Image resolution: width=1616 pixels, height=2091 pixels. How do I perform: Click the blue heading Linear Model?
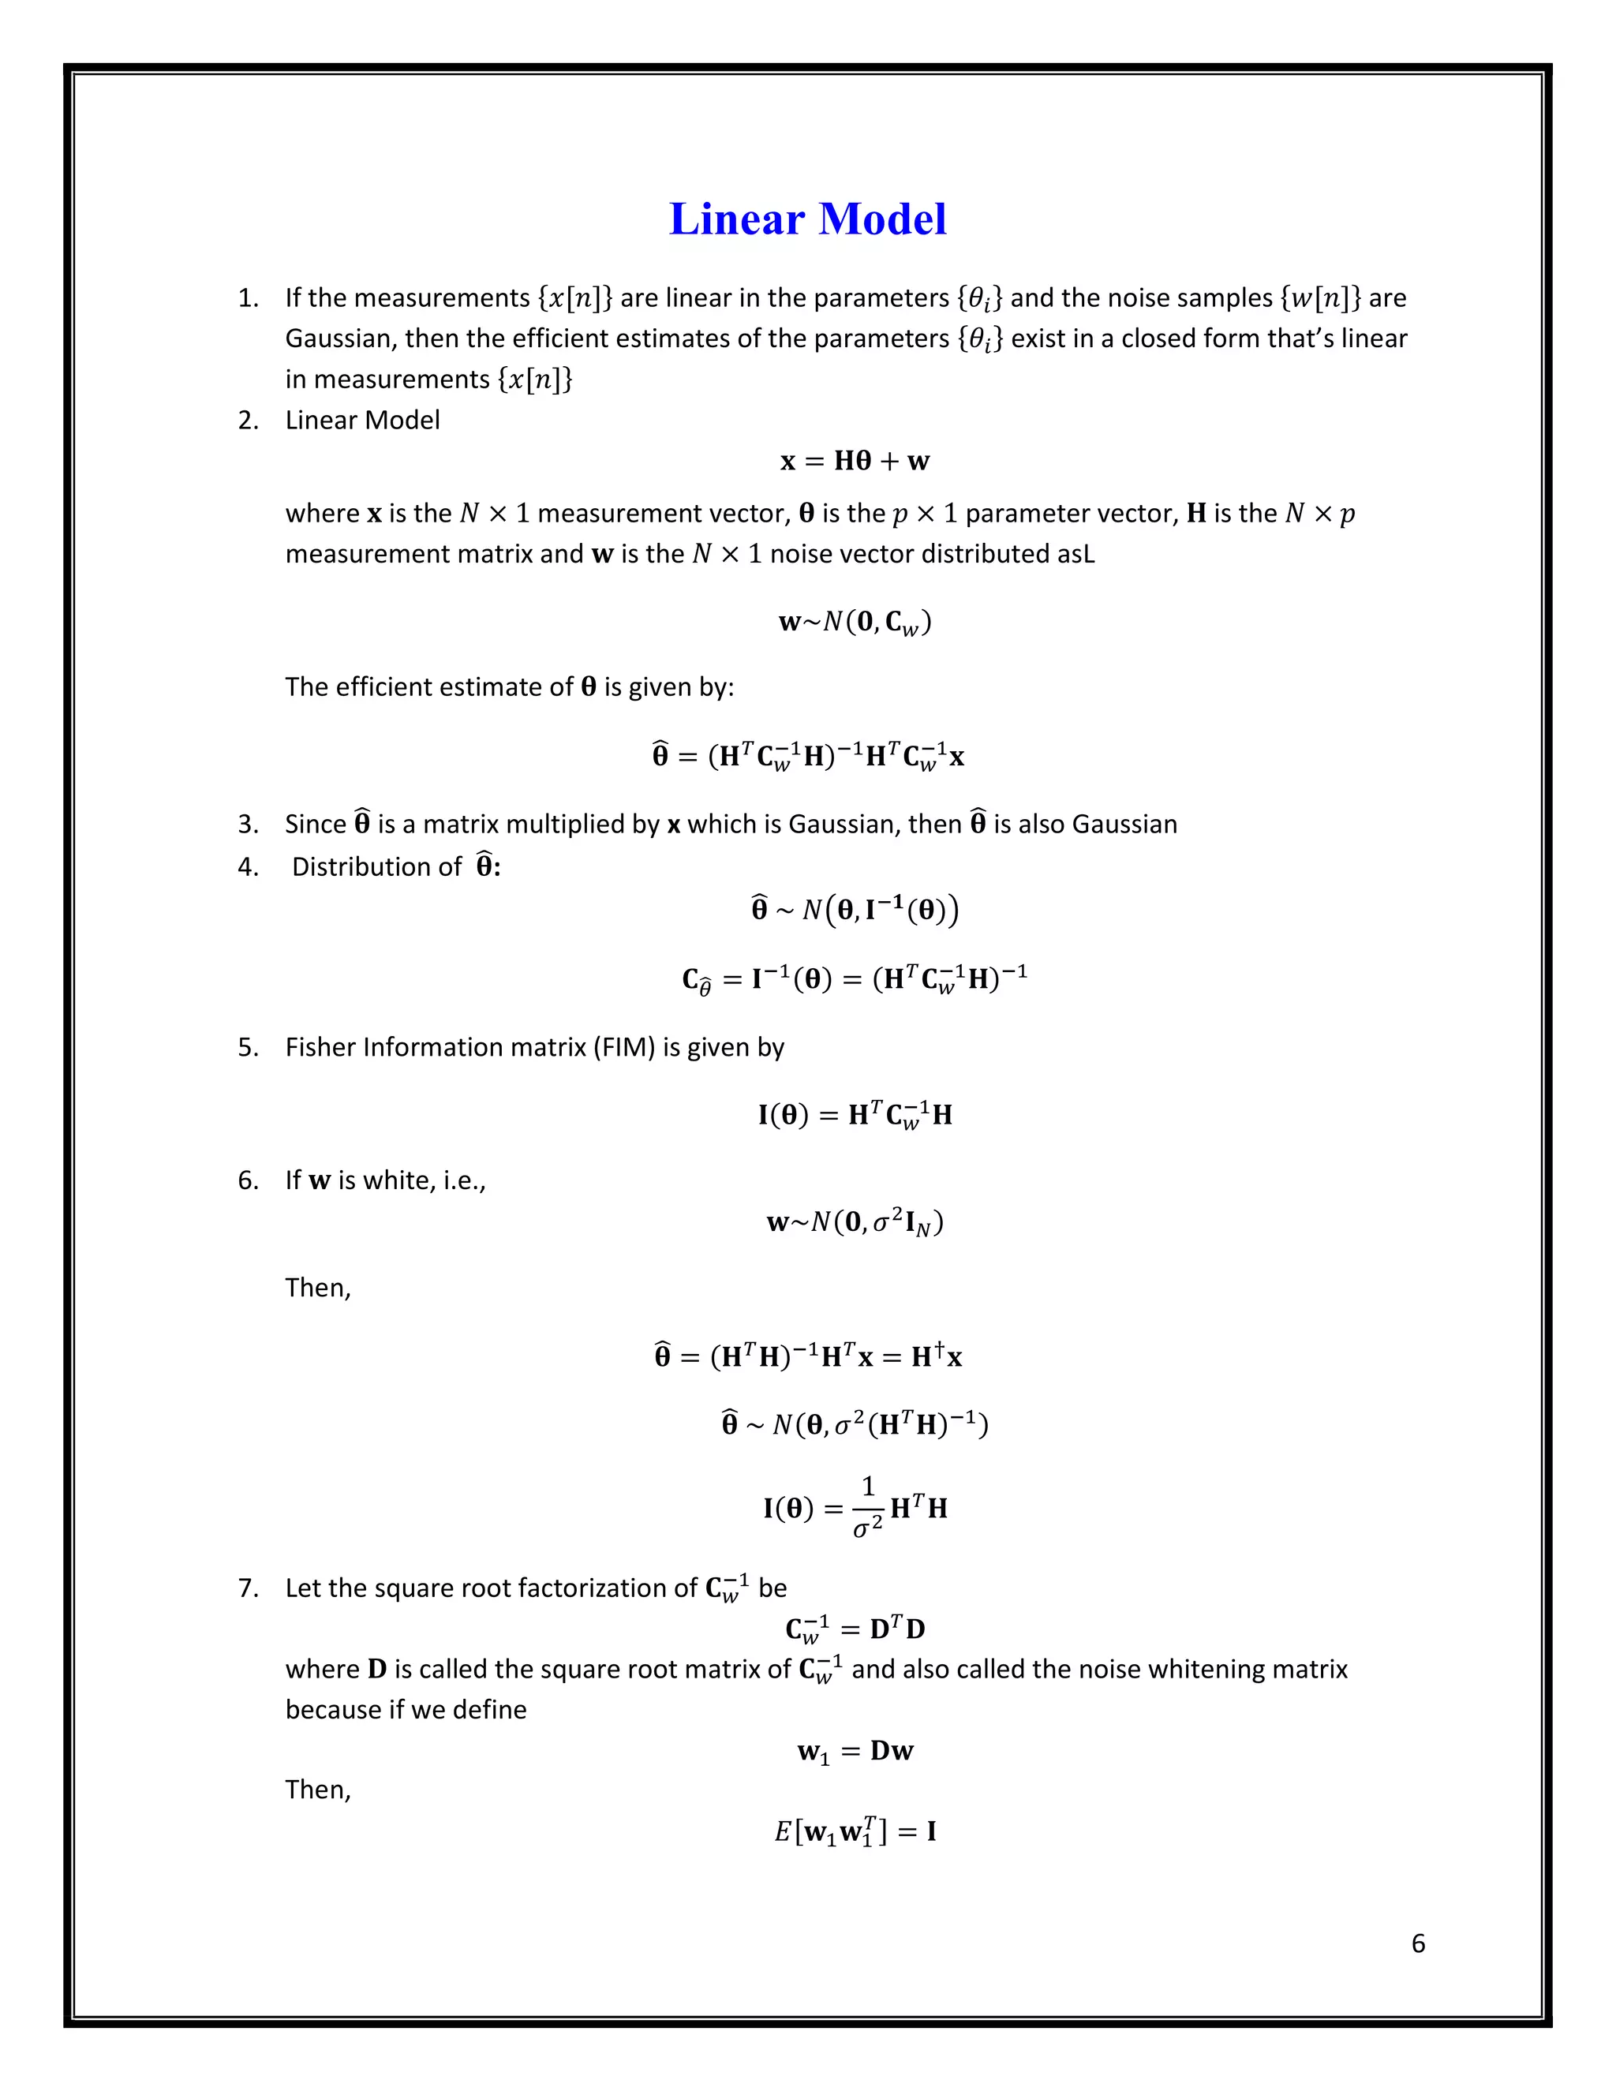click(x=807, y=219)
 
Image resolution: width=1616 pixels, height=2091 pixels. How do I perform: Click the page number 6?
click(x=1418, y=1943)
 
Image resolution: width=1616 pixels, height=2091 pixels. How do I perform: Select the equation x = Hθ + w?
click(x=855, y=462)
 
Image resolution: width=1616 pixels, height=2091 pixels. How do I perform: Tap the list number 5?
click(x=248, y=1047)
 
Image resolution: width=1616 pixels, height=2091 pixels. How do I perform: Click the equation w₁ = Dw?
click(x=855, y=1751)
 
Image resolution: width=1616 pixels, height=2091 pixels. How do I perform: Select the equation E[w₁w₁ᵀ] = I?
click(x=855, y=1831)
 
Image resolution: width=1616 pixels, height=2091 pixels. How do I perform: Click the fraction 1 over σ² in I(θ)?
click(x=867, y=1507)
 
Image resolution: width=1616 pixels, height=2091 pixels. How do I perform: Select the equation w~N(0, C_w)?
click(x=855, y=623)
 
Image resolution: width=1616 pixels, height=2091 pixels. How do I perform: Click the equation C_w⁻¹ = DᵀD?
click(x=855, y=1629)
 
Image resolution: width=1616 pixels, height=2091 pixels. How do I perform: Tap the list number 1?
click(x=248, y=299)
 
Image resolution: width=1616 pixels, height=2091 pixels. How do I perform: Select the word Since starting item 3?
click(x=315, y=825)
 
